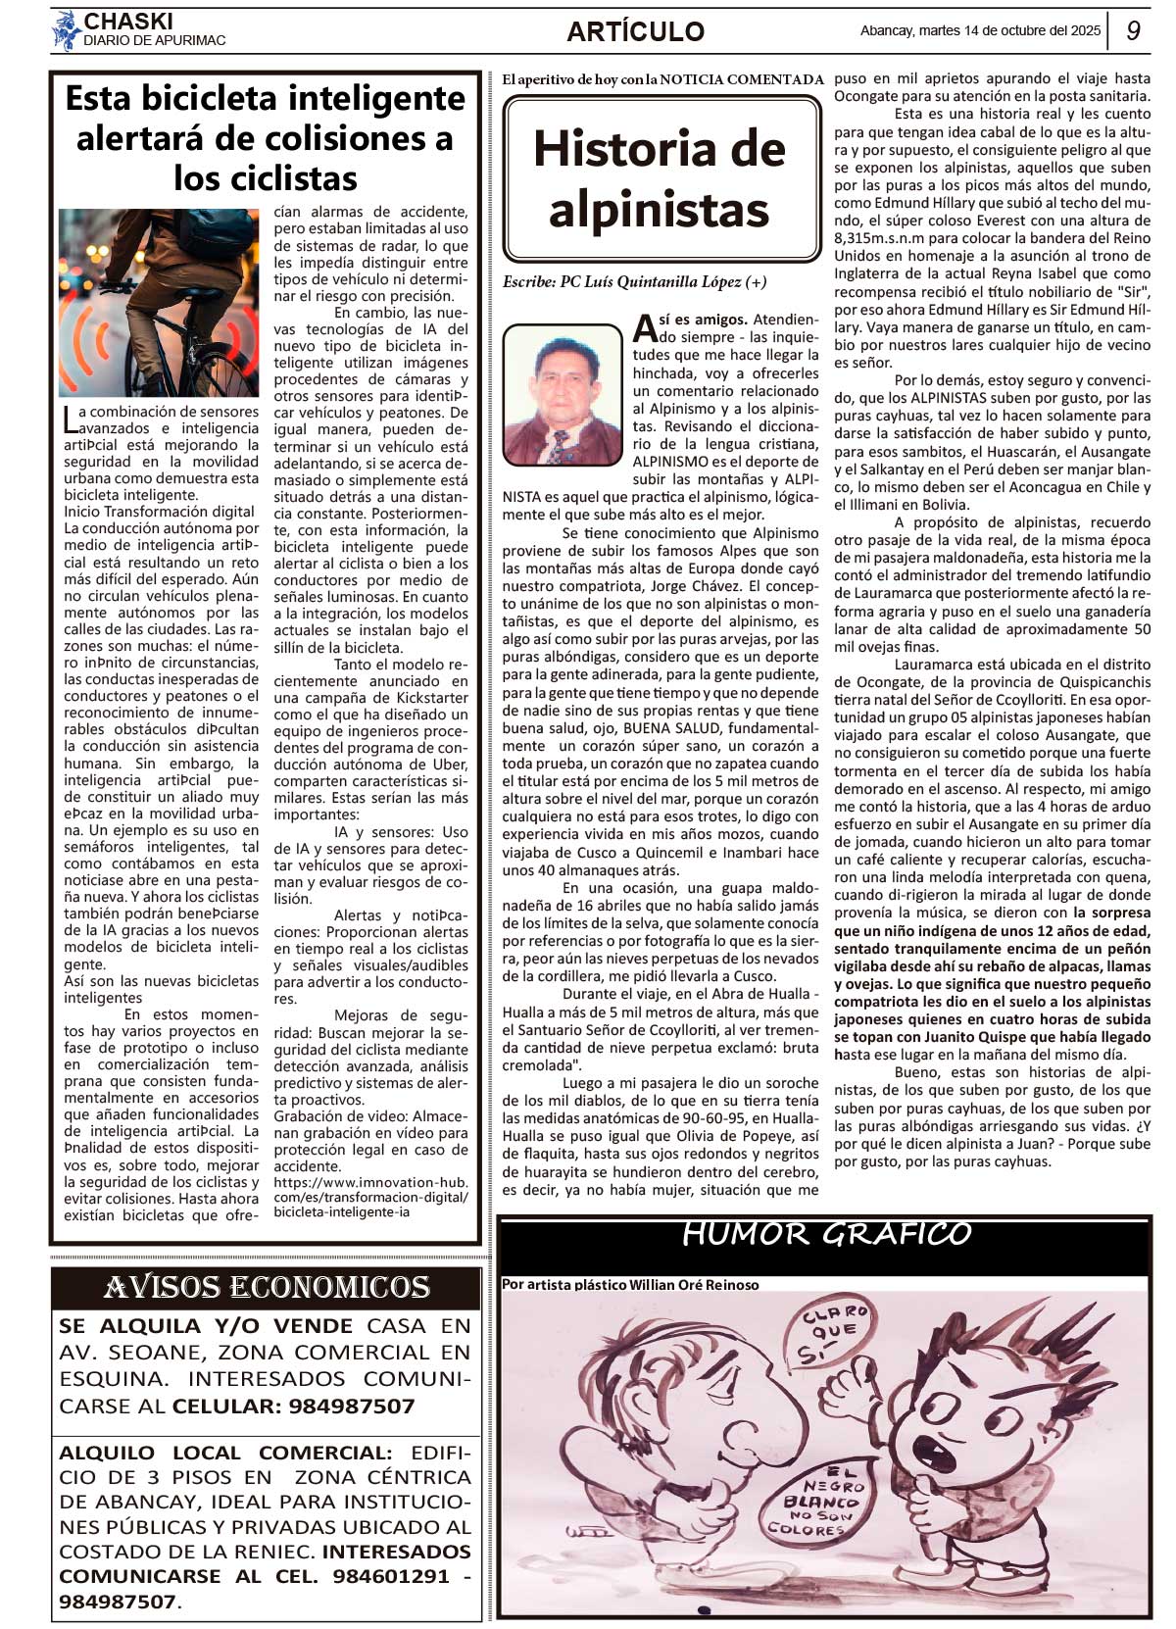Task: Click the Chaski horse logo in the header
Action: pyautogui.click(x=67, y=30)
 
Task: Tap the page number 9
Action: pyautogui.click(x=1133, y=30)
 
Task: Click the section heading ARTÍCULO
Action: pyautogui.click(x=635, y=31)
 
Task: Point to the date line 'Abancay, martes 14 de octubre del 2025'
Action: pyautogui.click(x=980, y=30)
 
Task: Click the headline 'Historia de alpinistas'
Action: pyautogui.click(x=660, y=178)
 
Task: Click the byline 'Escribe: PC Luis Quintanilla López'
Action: pyautogui.click(x=634, y=282)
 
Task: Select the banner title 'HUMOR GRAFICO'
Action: pyautogui.click(x=825, y=1235)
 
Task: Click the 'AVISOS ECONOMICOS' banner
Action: pyautogui.click(x=267, y=1288)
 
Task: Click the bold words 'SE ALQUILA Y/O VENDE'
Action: pyautogui.click(x=206, y=1326)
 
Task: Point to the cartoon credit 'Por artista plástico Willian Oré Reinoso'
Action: pyautogui.click(x=629, y=1285)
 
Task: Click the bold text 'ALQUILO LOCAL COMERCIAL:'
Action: pyautogui.click(x=225, y=1453)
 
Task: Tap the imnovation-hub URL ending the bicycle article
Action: pyautogui.click(x=370, y=1198)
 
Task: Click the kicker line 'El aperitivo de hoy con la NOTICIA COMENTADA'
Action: pyautogui.click(x=662, y=79)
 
